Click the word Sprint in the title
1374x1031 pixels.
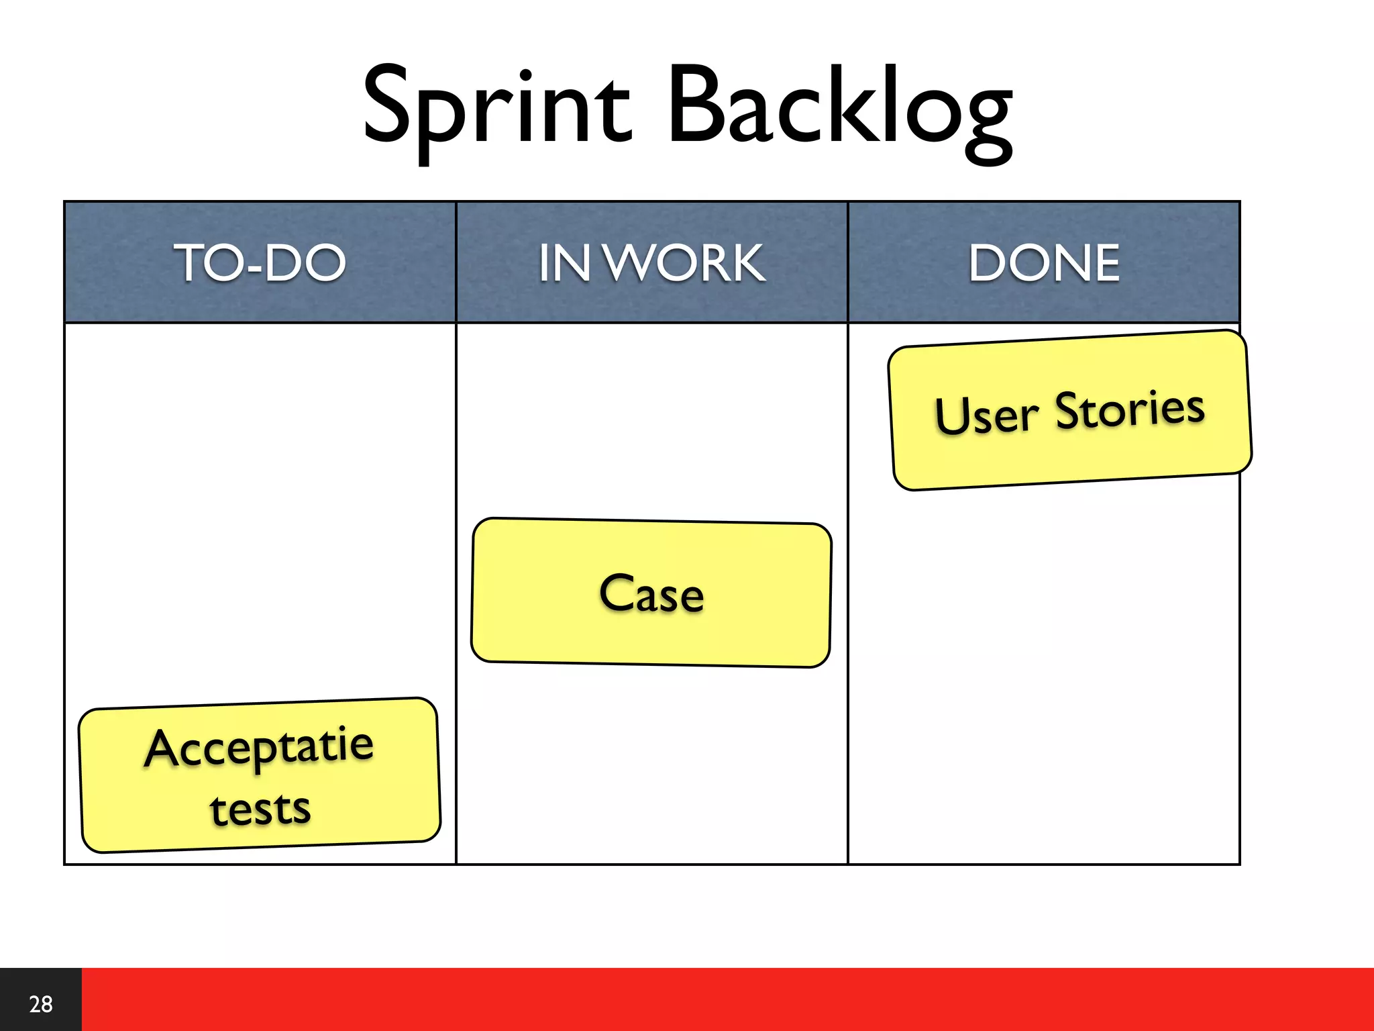coord(496,107)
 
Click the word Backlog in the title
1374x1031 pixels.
coord(840,107)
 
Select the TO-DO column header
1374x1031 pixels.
coord(260,262)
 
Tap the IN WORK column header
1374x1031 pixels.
coord(651,262)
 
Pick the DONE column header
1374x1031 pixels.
coord(1044,262)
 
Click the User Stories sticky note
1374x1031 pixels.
coord(1069,411)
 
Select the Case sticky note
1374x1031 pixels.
coord(651,593)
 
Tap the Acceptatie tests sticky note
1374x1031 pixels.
coord(259,775)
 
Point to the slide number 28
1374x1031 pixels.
coord(40,1004)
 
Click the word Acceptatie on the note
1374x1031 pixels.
coord(259,747)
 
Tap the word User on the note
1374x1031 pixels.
coord(986,415)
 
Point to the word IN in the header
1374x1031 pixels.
coord(564,262)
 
